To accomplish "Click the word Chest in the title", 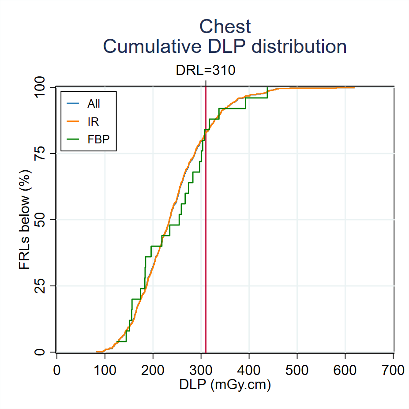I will tap(225, 26).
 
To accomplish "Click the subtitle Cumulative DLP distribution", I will tap(225, 46).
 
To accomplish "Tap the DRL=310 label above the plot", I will tap(206, 71).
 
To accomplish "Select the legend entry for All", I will tap(94, 104).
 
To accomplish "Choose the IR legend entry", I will tap(93, 121).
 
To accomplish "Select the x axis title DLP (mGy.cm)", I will tap(225, 385).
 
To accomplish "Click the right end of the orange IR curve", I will tap(354, 88).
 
